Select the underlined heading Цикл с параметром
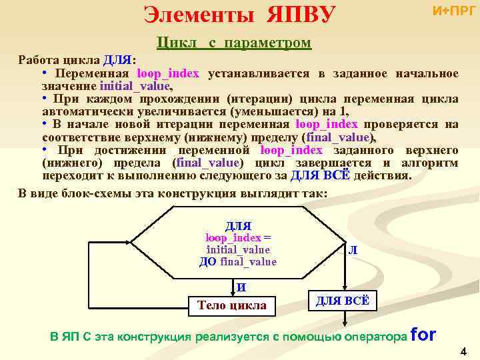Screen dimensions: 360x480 tap(233, 43)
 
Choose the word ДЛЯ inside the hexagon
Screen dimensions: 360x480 tap(238, 227)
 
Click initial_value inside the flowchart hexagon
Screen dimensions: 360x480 tap(238, 250)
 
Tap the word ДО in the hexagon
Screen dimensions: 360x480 tap(208, 261)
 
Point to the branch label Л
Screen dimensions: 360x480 tap(351, 250)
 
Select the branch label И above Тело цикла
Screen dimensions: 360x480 tap(241, 288)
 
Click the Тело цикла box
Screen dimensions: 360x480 tap(231, 305)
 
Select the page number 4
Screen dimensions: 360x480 tap(464, 351)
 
